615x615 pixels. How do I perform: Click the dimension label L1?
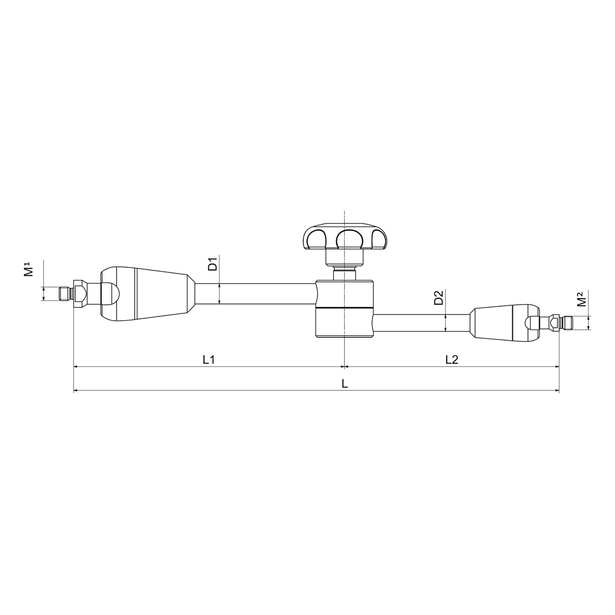[x=209, y=360]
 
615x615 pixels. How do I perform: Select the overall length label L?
[x=345, y=384]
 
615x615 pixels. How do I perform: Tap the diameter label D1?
[x=213, y=264]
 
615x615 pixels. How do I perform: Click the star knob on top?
[x=344, y=237]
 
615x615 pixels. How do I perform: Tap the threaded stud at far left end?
[x=65, y=293]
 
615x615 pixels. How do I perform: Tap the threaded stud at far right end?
[x=567, y=323]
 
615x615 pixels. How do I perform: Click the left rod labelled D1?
[x=255, y=293]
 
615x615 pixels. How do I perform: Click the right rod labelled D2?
[x=420, y=323]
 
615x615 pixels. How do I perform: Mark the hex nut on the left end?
[x=79, y=293]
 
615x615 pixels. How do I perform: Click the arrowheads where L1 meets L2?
[x=344, y=367]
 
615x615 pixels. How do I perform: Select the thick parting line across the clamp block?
[x=344, y=308]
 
